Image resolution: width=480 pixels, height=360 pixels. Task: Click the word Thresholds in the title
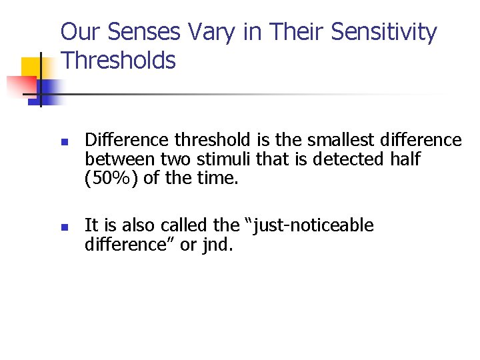118,61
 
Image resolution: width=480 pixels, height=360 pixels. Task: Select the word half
407,159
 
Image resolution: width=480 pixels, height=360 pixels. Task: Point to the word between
115,159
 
